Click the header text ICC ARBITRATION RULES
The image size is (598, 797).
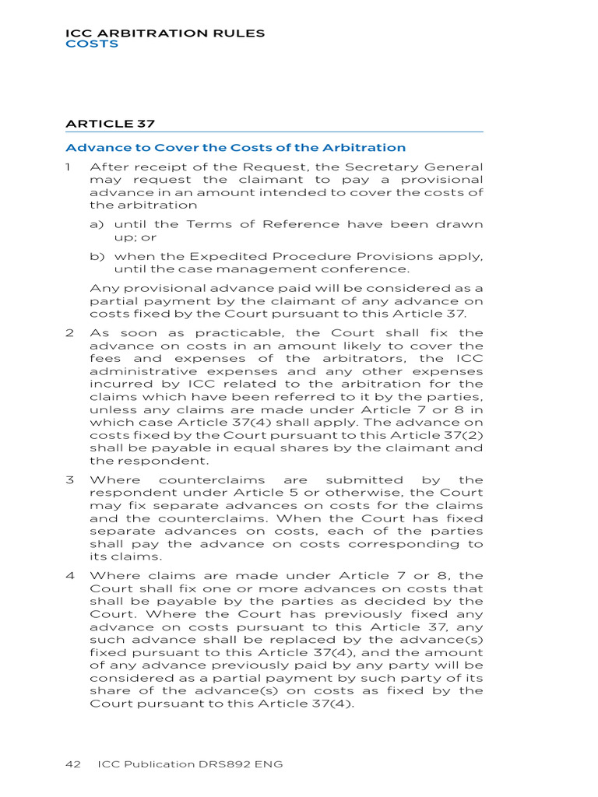point(165,33)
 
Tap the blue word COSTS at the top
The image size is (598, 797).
point(92,44)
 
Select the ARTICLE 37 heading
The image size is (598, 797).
point(104,123)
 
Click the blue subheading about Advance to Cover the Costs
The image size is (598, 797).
point(235,148)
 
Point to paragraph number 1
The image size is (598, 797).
point(69,167)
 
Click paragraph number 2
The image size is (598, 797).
point(69,333)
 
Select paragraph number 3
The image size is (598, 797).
point(69,480)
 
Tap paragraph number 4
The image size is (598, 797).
point(69,576)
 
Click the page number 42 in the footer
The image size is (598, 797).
point(73,764)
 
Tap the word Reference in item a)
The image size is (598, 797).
point(301,224)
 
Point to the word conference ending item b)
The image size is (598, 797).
point(368,269)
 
